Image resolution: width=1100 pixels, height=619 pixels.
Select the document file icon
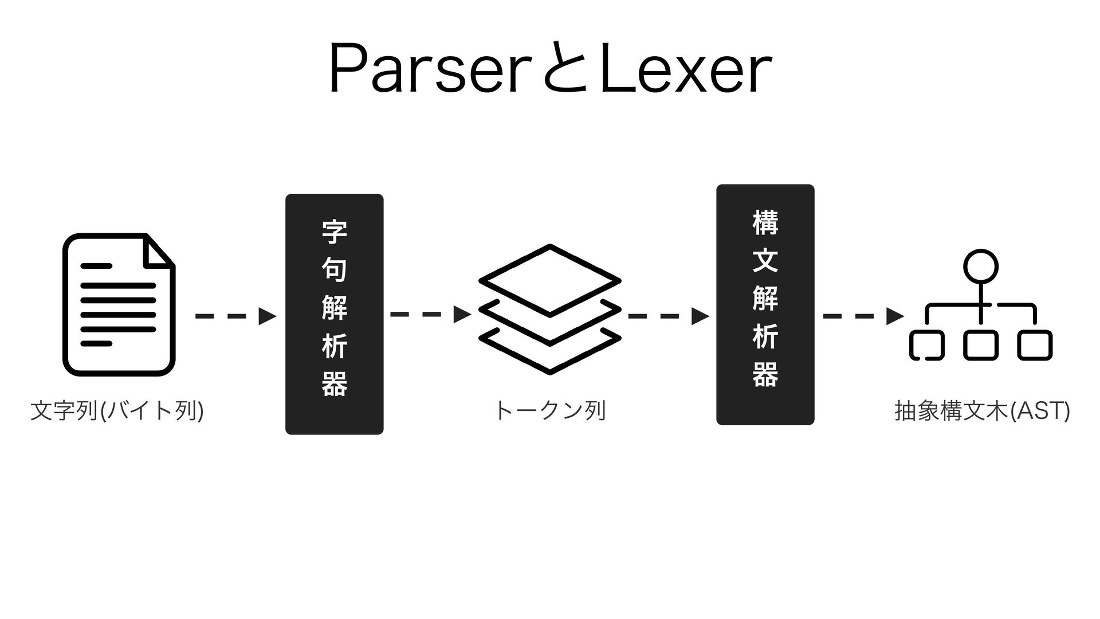click(x=119, y=304)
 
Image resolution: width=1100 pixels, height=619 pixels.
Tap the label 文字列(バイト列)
click(x=117, y=411)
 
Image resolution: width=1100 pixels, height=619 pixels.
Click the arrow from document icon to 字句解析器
click(x=235, y=316)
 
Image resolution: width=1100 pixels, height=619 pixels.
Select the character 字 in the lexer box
click(x=334, y=232)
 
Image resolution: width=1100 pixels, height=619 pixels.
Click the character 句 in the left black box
click(x=334, y=269)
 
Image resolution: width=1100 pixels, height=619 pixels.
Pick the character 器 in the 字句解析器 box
click(x=334, y=384)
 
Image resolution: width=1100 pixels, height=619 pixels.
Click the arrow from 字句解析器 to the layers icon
click(x=430, y=315)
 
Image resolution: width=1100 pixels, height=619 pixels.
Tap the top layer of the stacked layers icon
click(x=549, y=280)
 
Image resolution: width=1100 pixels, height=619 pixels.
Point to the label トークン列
click(x=549, y=411)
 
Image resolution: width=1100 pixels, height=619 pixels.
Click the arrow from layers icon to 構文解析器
click(x=668, y=316)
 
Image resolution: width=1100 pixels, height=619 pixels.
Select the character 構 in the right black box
click(x=765, y=222)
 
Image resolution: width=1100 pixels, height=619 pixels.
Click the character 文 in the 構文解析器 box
click(x=765, y=260)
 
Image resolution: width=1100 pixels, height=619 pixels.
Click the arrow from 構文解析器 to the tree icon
click(x=863, y=316)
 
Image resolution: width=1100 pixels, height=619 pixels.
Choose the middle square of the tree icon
click(x=981, y=346)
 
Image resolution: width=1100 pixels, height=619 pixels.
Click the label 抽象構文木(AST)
click(x=981, y=411)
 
